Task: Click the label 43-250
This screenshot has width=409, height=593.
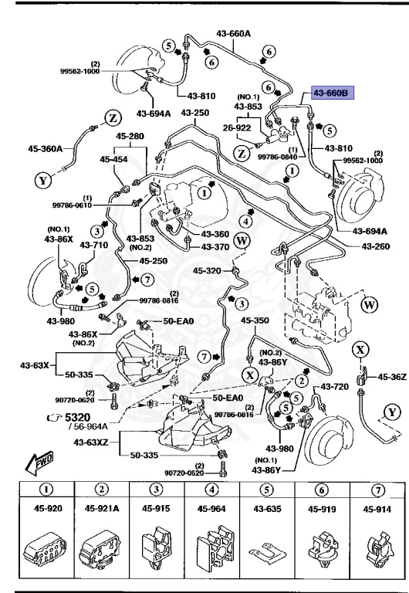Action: click(195, 113)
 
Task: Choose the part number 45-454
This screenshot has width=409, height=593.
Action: click(114, 159)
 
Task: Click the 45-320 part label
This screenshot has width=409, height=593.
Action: click(208, 270)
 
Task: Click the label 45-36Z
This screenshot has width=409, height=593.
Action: click(390, 376)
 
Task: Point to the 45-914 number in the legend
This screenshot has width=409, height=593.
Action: click(377, 509)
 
